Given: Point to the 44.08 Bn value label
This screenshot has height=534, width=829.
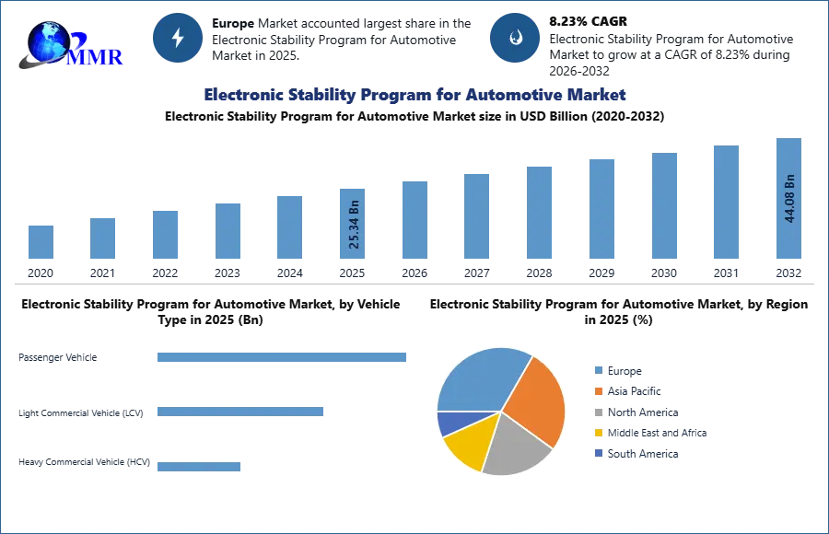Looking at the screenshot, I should (x=789, y=197).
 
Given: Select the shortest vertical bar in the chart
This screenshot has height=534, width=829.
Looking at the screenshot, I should (x=41, y=243).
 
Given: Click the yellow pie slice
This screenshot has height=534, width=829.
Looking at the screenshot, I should (x=468, y=444).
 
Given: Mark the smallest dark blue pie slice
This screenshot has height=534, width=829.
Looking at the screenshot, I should (x=449, y=423).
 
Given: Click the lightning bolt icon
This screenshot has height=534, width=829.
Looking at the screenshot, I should (x=178, y=38).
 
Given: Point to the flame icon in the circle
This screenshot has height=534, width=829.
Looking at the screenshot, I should (x=515, y=38).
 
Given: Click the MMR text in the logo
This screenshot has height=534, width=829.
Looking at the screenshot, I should (x=97, y=57).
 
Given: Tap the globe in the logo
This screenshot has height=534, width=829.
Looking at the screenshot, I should (x=48, y=41).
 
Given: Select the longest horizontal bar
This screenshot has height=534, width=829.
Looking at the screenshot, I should (x=283, y=357).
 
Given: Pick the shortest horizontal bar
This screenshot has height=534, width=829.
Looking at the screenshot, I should (x=198, y=465).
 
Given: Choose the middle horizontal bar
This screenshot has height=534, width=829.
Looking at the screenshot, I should (x=239, y=412).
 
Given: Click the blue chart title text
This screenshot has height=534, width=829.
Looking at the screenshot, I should (x=414, y=95).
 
